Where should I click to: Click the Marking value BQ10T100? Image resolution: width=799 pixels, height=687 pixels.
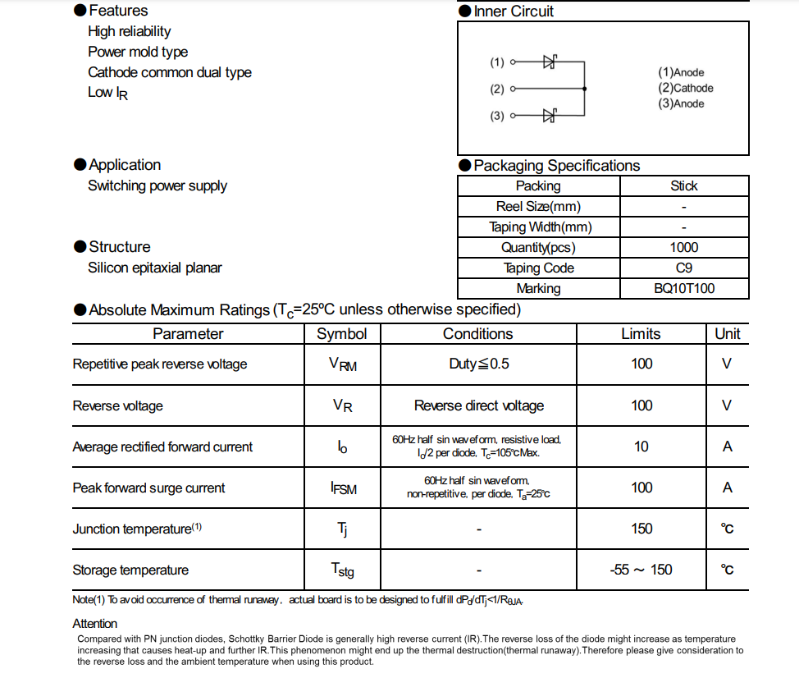coord(683,288)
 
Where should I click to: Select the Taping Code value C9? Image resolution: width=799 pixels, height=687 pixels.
coord(683,268)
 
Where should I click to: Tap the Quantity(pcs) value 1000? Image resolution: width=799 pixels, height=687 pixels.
coord(683,247)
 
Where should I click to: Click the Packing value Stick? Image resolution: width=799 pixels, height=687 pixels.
coord(683,185)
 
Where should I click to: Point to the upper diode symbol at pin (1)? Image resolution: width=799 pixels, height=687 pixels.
coord(550,62)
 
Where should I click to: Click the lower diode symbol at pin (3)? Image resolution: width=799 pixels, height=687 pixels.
coord(550,116)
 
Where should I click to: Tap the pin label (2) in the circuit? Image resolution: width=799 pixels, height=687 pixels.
coord(497,89)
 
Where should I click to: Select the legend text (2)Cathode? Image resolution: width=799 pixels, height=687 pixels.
coord(685,88)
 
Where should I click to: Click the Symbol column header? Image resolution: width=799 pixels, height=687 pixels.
coord(341,333)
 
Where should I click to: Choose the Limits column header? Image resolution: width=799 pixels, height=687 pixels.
coord(640,333)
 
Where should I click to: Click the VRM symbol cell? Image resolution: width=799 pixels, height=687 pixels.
coord(342,364)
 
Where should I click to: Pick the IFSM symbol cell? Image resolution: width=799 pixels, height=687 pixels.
coord(342,488)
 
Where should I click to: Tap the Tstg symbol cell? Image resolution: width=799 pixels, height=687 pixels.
coord(342,570)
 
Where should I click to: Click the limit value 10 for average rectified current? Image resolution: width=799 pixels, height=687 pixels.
coord(641,447)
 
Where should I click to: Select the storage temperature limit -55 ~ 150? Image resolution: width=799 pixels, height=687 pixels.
coord(641,570)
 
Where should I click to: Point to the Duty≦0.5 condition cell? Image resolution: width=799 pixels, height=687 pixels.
coord(478,364)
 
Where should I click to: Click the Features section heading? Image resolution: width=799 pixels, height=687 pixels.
coord(118,11)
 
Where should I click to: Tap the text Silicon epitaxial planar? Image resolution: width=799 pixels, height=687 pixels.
coord(154,268)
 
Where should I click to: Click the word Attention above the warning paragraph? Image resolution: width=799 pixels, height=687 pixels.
coord(94,624)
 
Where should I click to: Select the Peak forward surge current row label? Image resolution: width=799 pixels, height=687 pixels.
coord(148,488)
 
